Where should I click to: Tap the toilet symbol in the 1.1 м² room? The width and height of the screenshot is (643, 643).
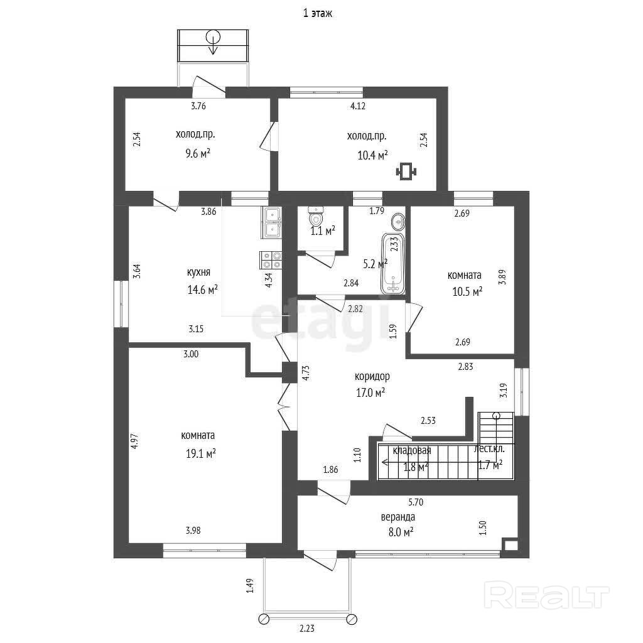(316, 219)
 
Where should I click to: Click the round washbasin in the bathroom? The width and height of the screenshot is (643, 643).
(398, 222)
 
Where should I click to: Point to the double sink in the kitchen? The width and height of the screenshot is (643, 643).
(272, 224)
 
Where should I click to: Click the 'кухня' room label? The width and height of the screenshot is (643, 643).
(198, 273)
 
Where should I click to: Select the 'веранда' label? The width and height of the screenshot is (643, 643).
(398, 517)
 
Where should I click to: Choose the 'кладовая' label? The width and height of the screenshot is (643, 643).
(411, 450)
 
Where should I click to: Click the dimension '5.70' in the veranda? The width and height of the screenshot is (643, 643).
(415, 502)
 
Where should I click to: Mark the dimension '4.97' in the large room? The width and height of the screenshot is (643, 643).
(134, 441)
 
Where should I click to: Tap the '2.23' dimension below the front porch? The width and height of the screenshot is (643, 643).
(307, 628)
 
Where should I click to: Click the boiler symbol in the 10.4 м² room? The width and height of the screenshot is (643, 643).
(406, 170)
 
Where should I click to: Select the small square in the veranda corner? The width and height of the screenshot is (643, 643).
(511, 546)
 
